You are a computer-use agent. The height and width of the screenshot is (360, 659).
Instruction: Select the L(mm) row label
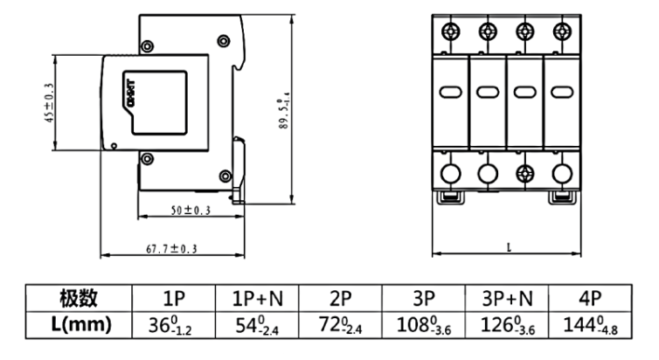(x=78, y=325)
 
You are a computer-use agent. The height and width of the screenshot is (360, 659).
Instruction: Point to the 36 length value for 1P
(x=170, y=325)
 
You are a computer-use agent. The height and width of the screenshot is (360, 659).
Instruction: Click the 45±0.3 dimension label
(x=49, y=104)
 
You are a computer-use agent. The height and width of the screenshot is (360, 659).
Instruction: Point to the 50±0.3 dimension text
(x=191, y=211)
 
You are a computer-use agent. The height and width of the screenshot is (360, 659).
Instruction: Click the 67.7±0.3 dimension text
(x=171, y=249)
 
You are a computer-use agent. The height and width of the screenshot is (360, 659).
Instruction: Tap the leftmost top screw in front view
(x=450, y=32)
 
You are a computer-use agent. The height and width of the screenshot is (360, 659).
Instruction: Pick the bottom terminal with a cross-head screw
(x=524, y=173)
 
